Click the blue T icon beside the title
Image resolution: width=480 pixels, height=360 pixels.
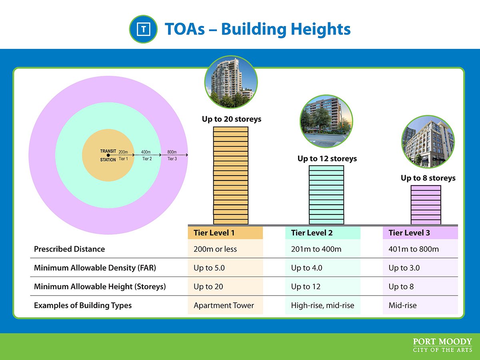pos(143,29)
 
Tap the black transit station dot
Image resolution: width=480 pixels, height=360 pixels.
pos(108,155)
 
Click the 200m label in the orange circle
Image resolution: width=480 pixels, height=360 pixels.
pos(123,152)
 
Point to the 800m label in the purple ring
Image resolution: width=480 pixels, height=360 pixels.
pos(172,152)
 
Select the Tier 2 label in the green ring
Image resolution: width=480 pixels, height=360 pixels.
pos(147,159)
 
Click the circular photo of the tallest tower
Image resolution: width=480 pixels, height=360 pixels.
pos(231,82)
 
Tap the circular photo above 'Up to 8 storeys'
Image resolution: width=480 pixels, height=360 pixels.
pos(428,142)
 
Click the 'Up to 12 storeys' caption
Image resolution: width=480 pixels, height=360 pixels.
pos(327,158)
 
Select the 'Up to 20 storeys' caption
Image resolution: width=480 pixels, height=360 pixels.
pos(231,119)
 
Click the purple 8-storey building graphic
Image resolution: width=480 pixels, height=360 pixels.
pos(426,205)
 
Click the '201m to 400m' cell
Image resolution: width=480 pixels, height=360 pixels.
pos(316,249)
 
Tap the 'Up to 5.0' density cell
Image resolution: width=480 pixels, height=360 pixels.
pos(209,268)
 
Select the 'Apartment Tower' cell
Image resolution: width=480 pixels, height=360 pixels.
pos(224,305)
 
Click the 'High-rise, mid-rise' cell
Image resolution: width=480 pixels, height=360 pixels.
pos(322,305)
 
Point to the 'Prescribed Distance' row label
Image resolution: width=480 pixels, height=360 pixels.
pos(69,249)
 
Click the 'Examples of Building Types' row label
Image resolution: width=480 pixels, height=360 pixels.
pos(83,305)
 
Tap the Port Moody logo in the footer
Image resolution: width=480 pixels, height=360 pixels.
pos(442,345)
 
